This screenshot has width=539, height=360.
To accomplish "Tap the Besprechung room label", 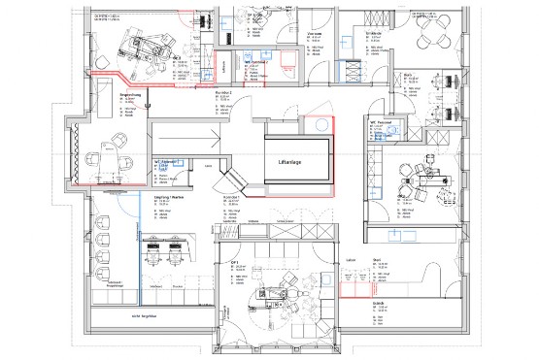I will (131, 94).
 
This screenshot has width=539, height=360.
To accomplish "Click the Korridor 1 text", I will (230, 195).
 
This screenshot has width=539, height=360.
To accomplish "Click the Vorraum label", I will (314, 32).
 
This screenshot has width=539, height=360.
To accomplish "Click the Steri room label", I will (377, 260).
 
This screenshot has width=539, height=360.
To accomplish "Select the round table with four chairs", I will (428, 38).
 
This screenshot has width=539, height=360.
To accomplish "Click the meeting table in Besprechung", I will (117, 151).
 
